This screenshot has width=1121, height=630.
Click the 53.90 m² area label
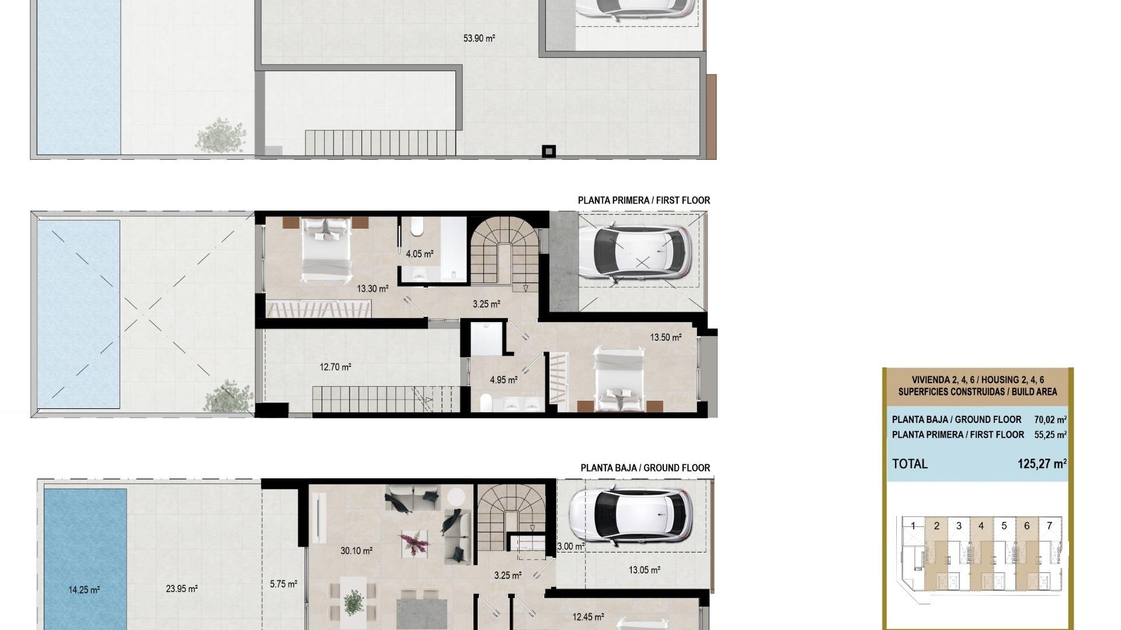tap(479, 38)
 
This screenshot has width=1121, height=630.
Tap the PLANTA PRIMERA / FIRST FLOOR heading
tap(643, 200)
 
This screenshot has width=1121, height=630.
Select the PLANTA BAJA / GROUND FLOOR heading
tap(645, 468)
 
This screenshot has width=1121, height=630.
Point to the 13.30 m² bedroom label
tap(372, 289)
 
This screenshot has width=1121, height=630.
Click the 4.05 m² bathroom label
tap(419, 254)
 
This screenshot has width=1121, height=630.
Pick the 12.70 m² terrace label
tap(335, 367)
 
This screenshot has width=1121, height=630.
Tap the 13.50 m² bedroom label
tap(666, 338)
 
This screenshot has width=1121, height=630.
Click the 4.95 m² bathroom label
tap(503, 380)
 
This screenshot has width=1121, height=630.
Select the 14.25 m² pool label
tap(83, 590)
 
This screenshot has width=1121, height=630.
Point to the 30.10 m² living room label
tap(356, 551)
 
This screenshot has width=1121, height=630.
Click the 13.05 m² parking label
tap(644, 570)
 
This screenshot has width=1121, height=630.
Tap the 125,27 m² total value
tap(1042, 464)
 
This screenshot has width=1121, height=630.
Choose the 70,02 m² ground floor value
tap(1050, 419)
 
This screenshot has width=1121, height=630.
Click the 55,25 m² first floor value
tap(1050, 435)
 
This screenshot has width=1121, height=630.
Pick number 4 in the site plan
tap(981, 526)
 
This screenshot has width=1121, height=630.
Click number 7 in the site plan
tap(1049, 526)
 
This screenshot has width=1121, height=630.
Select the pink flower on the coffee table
tap(415, 543)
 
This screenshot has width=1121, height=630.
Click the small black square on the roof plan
tap(548, 152)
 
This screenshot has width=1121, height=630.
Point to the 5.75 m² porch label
tap(283, 584)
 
